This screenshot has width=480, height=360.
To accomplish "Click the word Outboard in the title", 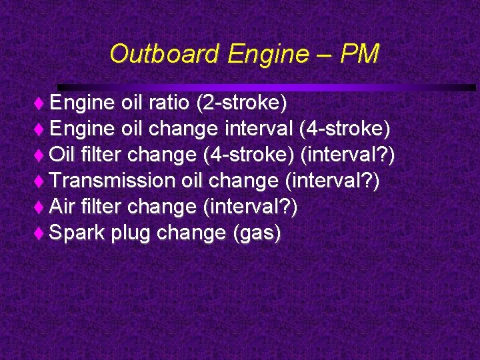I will pyautogui.click(x=163, y=54).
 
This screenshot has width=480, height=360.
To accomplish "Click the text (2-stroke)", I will pyautogui.click(x=239, y=103).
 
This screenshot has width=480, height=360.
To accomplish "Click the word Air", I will pyautogui.click(x=62, y=207).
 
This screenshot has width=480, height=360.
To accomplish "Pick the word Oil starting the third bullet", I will pyautogui.click(x=62, y=155).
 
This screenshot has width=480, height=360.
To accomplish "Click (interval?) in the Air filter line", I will pyautogui.click(x=249, y=207).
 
